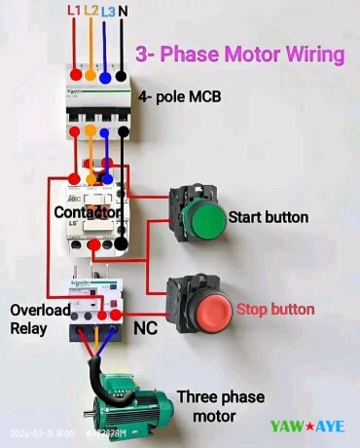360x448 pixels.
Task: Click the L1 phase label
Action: [74, 10]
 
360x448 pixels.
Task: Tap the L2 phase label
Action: [90, 10]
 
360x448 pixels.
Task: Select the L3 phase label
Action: [107, 10]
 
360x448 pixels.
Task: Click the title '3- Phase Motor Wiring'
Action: [239, 54]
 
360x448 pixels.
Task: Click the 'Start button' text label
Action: [268, 215]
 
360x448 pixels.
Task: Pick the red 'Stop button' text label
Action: [275, 309]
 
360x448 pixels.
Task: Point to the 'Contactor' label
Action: [89, 211]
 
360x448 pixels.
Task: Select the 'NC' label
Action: [145, 329]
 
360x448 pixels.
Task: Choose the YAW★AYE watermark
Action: [306, 426]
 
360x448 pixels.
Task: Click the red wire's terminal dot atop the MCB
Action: [75, 75]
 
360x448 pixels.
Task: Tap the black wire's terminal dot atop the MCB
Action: [120, 75]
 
